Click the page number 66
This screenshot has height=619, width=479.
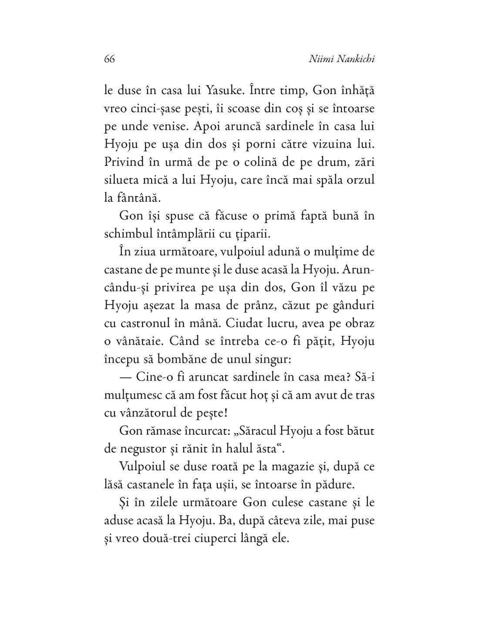point(109,59)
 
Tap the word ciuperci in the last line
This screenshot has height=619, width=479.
point(232,538)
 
